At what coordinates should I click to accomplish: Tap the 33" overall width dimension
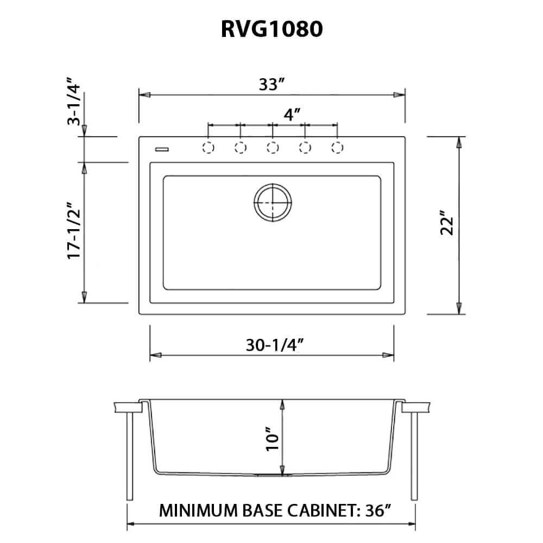point(272,85)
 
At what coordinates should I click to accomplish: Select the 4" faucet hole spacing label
point(292,115)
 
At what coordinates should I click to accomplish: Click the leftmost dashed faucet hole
point(208,147)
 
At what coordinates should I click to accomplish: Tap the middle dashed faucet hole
point(273,147)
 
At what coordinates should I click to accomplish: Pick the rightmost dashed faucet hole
point(337,147)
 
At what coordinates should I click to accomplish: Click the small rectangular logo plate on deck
point(162,148)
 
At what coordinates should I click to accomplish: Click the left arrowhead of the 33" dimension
point(144,94)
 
